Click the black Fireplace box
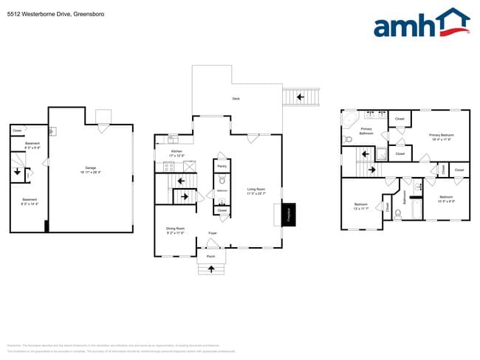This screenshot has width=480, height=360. (289, 215)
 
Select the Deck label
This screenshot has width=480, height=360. (236, 98)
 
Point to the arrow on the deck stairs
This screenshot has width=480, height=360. (300, 96)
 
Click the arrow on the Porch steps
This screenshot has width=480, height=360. (211, 269)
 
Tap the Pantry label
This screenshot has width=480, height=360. (222, 167)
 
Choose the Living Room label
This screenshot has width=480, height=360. (256, 190)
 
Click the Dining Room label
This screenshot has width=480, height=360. (175, 230)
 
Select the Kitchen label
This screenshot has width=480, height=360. (176, 153)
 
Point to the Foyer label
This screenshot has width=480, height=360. (212, 232)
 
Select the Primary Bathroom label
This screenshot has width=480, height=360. (366, 131)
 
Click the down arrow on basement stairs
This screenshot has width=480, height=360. (17, 174)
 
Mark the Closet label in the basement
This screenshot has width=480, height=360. (16, 131)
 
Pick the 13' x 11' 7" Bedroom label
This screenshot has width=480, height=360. (361, 206)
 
